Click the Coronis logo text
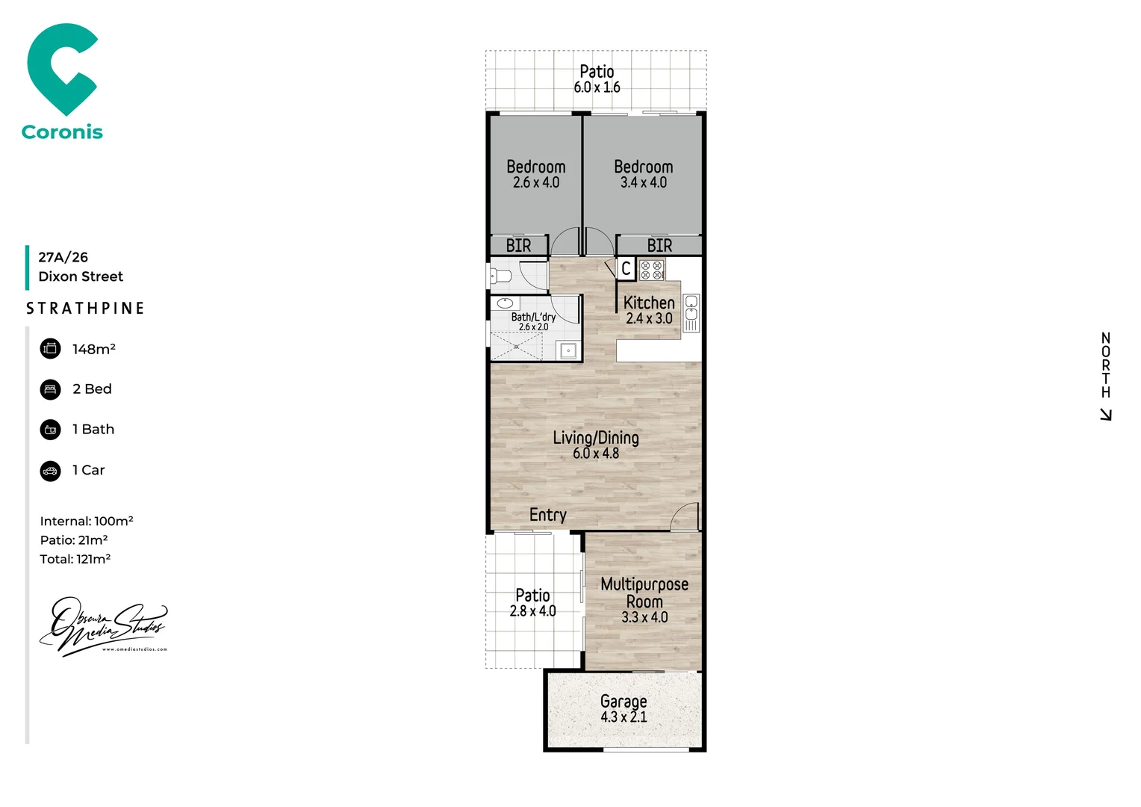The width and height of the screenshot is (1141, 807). click(62, 132)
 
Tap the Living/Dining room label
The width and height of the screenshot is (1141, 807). click(595, 438)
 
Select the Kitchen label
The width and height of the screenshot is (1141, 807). click(649, 303)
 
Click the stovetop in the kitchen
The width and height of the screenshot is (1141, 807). click(651, 270)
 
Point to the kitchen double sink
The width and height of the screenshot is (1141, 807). click(691, 312)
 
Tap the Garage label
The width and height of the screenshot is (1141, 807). click(624, 701)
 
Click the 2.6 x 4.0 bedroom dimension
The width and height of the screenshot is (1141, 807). click(535, 182)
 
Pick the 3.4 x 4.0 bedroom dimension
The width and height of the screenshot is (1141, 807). click(643, 182)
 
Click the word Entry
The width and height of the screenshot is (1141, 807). click(547, 515)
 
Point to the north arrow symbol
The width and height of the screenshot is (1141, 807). click(1106, 415)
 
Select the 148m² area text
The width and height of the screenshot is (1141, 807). click(93, 349)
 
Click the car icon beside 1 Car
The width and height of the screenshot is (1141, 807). click(50, 471)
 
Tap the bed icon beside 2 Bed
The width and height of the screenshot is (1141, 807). click(50, 389)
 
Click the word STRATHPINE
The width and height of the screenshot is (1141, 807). click(85, 309)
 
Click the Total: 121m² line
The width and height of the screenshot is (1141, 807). click(75, 559)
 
